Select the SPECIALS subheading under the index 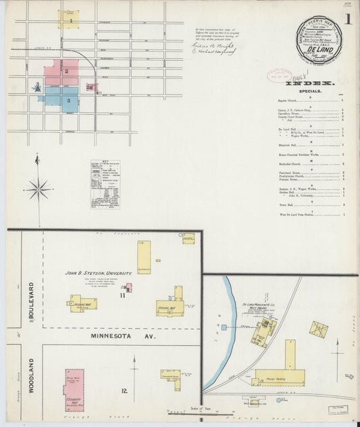coord(308,90)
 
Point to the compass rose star coord(38,188)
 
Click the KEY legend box coord(105,184)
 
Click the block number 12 coord(124,391)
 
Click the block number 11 coord(123,295)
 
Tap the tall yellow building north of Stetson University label coord(144,257)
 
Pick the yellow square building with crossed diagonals coord(319,330)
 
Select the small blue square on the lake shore coord(224,328)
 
